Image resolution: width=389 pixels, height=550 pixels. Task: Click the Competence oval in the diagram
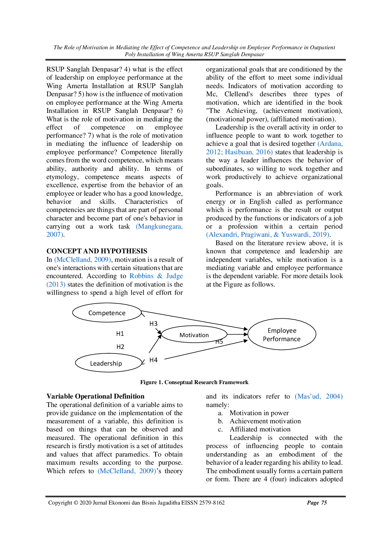point(107,313)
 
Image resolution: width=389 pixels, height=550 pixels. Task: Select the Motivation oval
point(194,335)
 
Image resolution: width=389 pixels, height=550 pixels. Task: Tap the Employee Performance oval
point(281,335)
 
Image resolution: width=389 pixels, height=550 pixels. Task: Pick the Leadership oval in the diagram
point(106,363)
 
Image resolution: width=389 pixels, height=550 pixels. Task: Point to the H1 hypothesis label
point(120,334)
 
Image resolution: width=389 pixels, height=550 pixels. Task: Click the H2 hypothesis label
point(120,347)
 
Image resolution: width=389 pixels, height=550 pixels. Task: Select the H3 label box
point(153,324)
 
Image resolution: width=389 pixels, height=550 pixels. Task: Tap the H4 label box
point(153,360)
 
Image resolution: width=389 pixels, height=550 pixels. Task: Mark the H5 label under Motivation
point(219,342)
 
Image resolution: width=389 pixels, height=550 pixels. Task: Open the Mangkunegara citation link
point(159,226)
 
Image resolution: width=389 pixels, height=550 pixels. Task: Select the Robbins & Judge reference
point(156,276)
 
